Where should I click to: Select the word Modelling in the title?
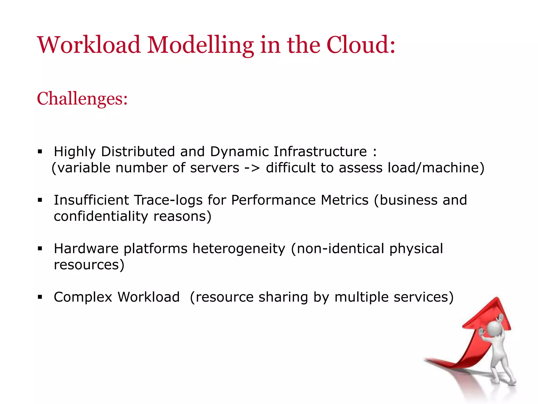(x=200, y=45)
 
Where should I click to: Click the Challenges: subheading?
(x=82, y=99)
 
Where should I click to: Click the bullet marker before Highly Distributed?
(x=40, y=151)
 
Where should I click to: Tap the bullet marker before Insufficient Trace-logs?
(x=40, y=200)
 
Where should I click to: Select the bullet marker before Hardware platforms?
(x=40, y=249)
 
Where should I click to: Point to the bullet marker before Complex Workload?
(x=40, y=297)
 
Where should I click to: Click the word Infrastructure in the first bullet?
(x=320, y=151)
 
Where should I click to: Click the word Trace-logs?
(x=168, y=200)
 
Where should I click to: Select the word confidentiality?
(x=101, y=216)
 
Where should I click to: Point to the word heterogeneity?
(x=239, y=249)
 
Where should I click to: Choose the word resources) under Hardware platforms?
(x=89, y=265)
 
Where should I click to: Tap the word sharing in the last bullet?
(x=283, y=297)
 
